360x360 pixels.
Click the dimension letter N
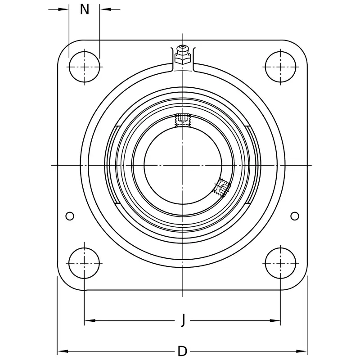(84, 9)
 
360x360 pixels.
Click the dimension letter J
(183, 320)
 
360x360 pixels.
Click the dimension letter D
(183, 351)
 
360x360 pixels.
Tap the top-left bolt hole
(85, 67)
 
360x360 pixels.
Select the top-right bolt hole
(280, 67)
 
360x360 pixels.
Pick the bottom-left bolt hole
(84, 263)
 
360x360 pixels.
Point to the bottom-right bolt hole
(280, 263)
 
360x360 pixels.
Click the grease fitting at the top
(183, 54)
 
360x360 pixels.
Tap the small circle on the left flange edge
(70, 216)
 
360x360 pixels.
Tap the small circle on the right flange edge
(295, 216)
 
